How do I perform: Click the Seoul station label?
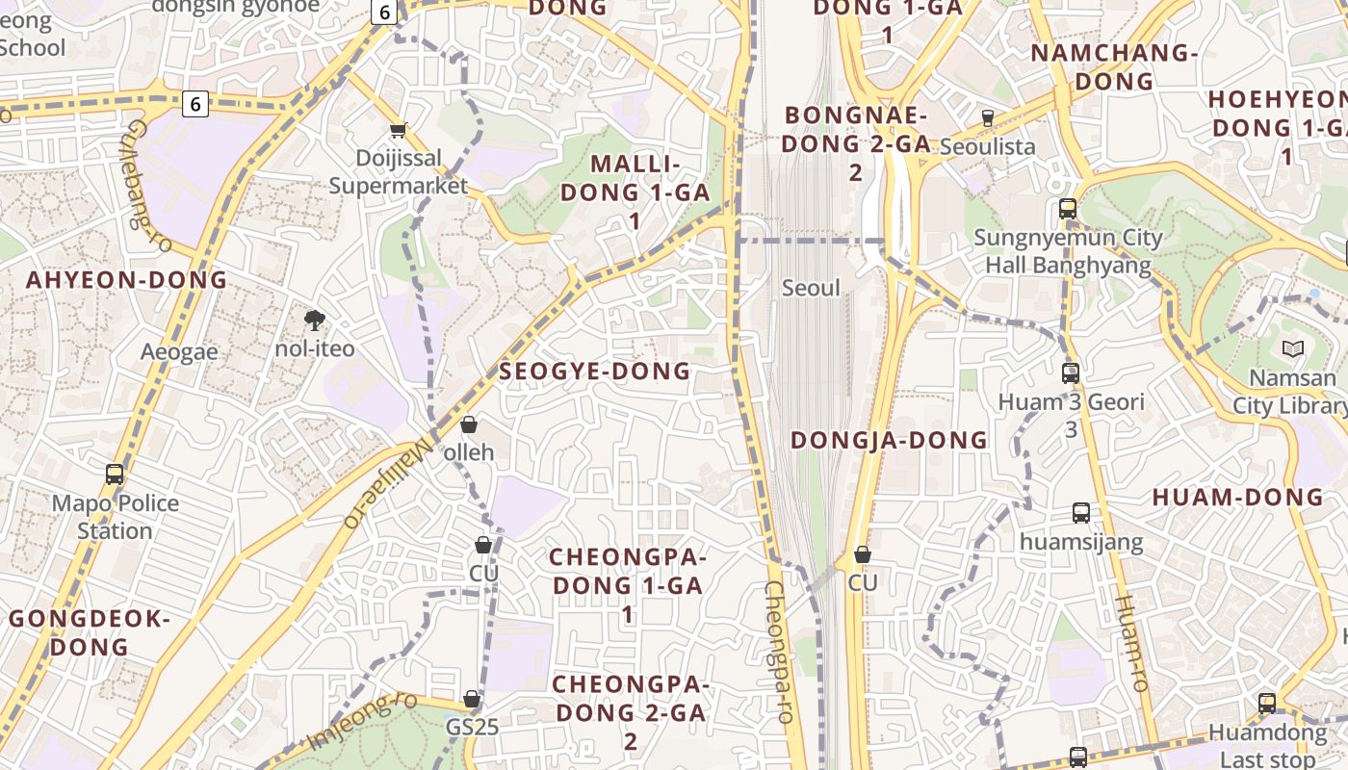coord(811,288)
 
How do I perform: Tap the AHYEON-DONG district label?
coord(126,280)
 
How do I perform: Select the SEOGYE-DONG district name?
coord(595,371)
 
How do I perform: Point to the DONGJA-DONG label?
coord(889,440)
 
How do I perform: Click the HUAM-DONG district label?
coord(1237,497)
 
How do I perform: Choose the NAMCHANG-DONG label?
coord(1114,66)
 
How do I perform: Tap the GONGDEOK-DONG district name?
coord(90,632)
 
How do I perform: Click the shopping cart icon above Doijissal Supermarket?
coord(398,130)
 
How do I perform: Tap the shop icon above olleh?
coord(469,424)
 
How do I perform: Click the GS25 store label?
coord(472,726)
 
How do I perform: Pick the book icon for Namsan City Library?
coord(1291,349)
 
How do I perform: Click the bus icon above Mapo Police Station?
coord(115,475)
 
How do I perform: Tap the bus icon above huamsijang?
coord(1081,513)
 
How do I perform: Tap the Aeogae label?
coord(179,351)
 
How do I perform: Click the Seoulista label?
coord(987,146)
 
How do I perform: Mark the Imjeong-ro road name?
coord(362,720)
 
